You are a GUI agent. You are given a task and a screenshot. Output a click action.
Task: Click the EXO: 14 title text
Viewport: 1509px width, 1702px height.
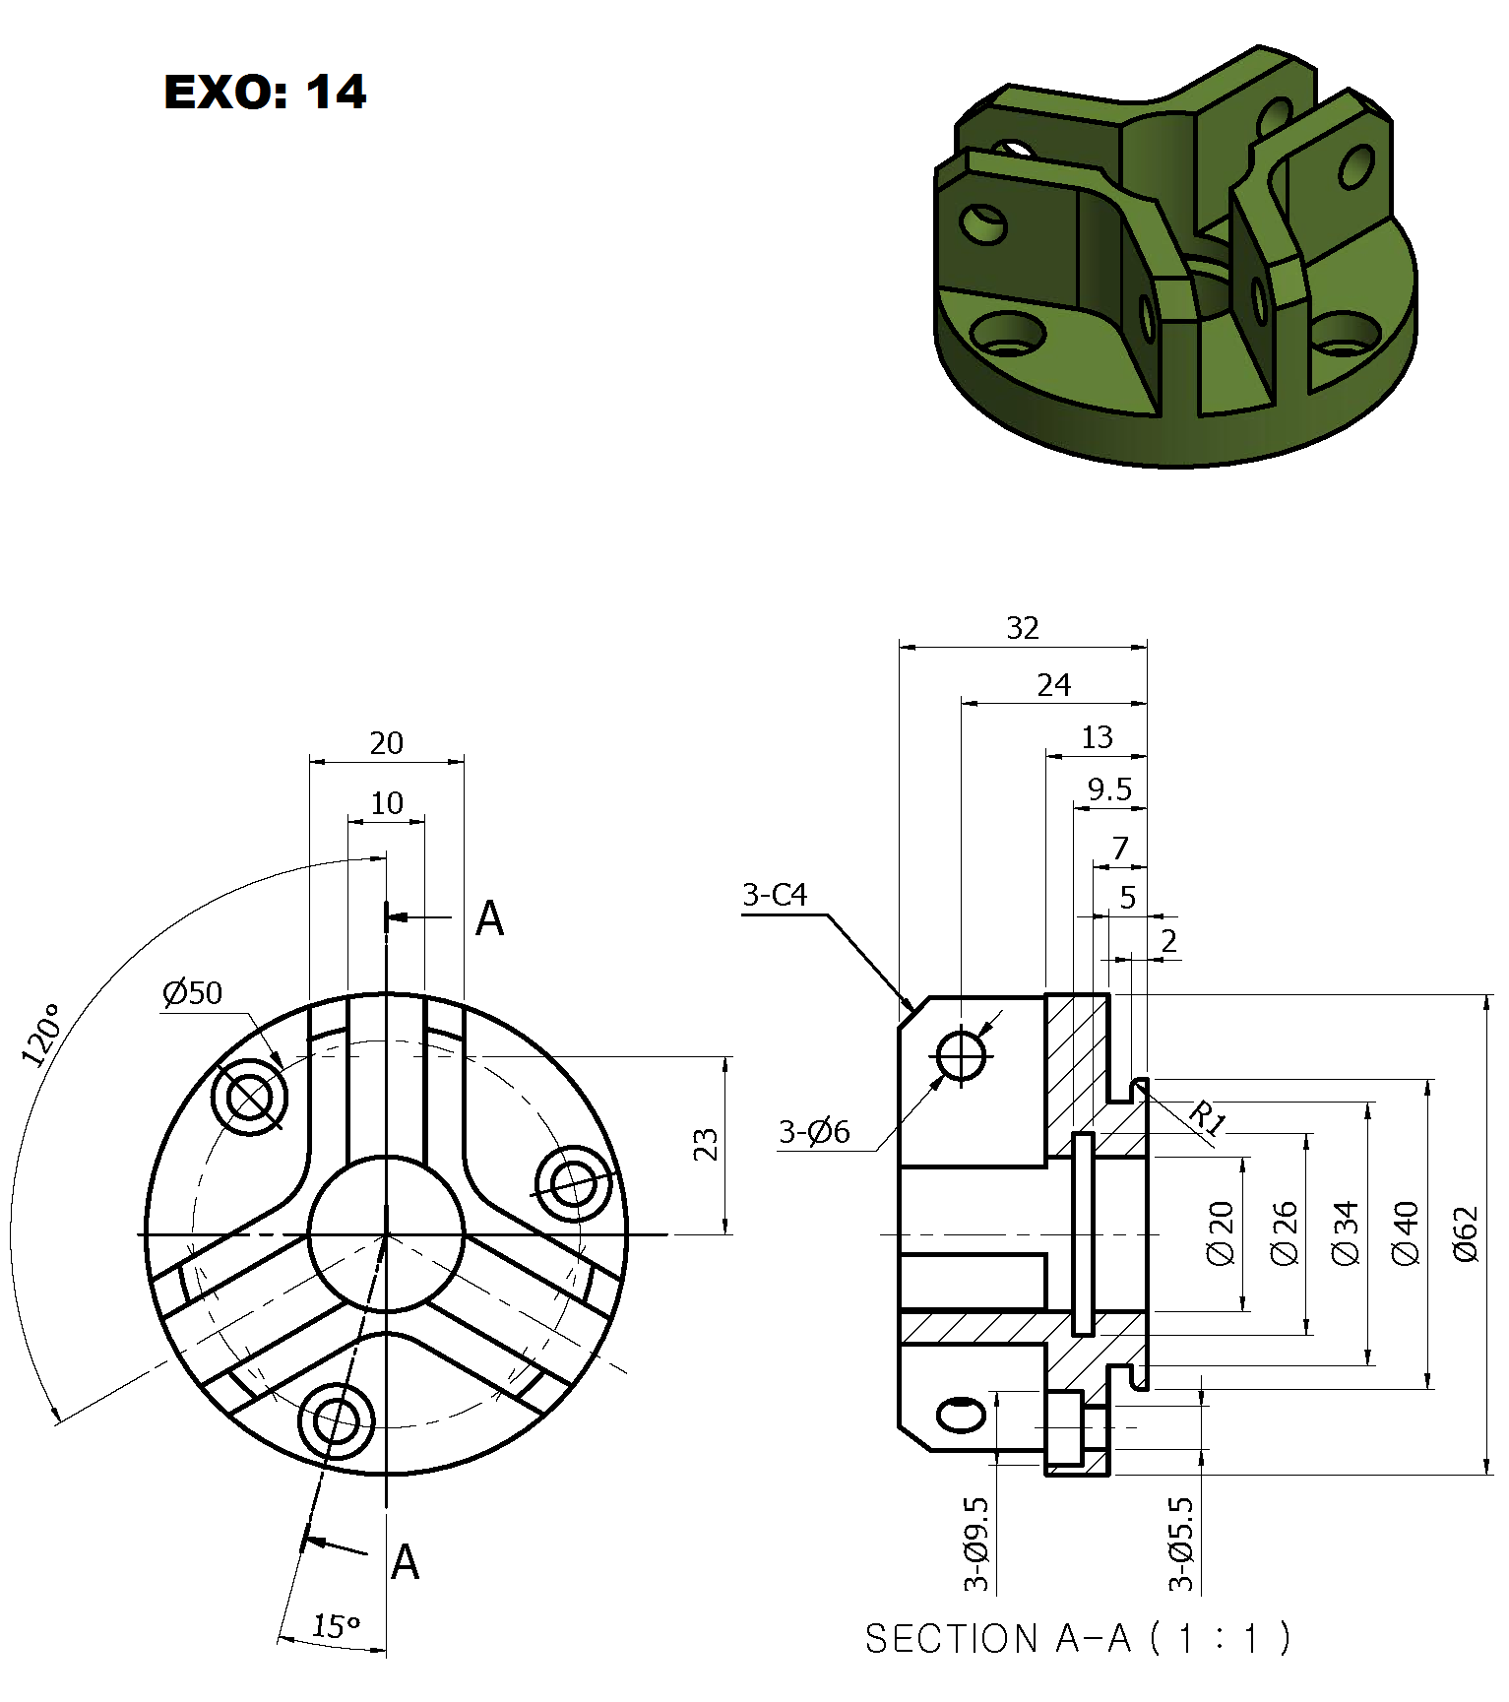tap(265, 93)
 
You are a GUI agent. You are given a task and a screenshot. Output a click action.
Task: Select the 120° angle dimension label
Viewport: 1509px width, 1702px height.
tap(42, 1036)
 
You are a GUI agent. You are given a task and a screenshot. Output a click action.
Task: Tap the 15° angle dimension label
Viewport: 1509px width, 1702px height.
tap(336, 1625)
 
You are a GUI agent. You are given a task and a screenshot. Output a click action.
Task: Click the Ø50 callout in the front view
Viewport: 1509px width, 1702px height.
tap(193, 992)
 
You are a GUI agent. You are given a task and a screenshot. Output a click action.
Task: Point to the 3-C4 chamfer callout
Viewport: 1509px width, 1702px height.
tap(775, 895)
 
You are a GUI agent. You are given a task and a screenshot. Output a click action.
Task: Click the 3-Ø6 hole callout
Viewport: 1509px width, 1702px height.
tap(814, 1132)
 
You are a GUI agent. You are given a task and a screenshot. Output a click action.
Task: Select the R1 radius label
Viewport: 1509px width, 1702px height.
tap(1208, 1118)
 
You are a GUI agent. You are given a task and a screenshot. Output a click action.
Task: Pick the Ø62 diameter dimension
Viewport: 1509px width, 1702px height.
tap(1466, 1234)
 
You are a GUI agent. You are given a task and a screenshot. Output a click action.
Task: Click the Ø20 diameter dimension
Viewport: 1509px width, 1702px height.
tap(1221, 1232)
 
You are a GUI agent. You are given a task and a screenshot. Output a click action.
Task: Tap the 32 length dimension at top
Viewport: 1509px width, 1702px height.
tap(1023, 628)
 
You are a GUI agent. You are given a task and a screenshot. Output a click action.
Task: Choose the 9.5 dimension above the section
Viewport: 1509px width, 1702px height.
tap(1109, 789)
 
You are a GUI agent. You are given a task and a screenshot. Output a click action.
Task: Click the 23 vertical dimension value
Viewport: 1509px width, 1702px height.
tap(706, 1145)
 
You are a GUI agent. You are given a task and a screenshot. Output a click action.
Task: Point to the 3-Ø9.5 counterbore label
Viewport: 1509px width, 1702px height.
tap(975, 1544)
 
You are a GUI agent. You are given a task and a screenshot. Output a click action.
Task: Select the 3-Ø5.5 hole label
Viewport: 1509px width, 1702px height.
tap(1181, 1544)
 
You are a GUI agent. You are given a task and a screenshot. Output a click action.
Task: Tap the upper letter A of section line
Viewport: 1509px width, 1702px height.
tap(489, 918)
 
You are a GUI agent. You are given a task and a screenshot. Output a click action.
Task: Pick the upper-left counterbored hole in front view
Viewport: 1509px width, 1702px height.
tap(250, 1097)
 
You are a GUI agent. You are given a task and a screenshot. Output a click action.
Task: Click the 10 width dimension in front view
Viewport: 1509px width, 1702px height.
tap(387, 803)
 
